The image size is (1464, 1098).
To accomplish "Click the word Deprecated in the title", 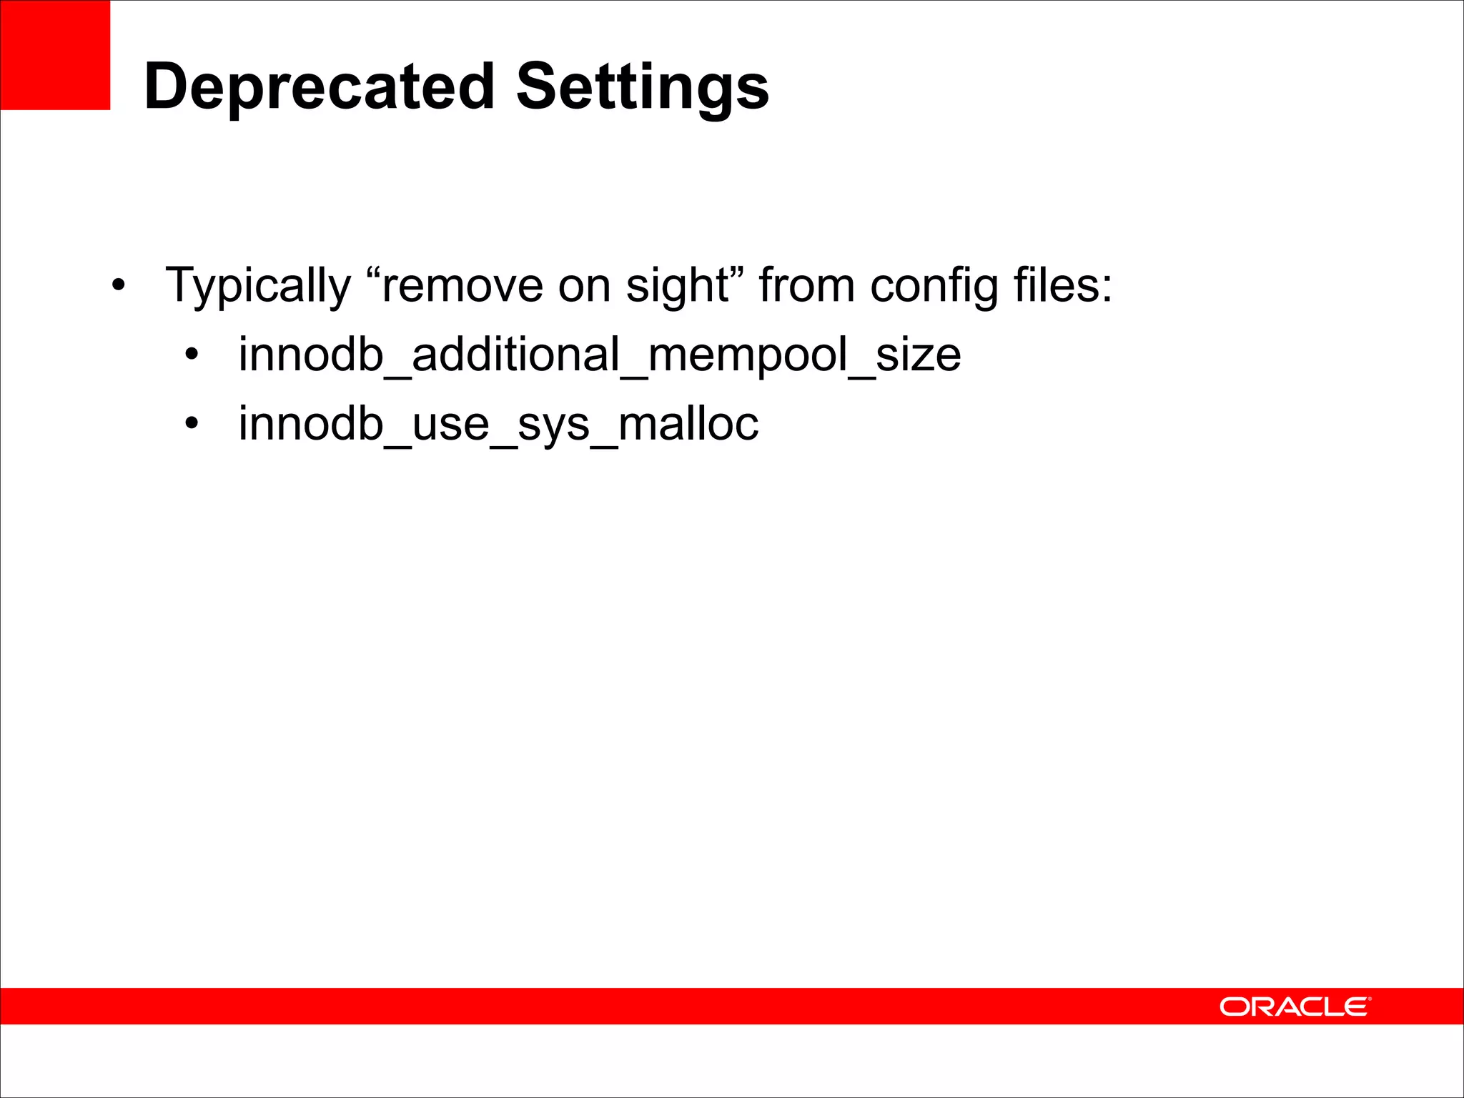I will tap(319, 86).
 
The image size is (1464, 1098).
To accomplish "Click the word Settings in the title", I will tap(642, 86).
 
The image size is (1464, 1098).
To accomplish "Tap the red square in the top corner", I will tap(55, 55).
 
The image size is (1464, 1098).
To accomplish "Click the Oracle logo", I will tap(1295, 1006).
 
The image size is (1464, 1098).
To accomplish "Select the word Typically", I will tap(258, 286).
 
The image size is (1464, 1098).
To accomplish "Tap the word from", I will tap(806, 286).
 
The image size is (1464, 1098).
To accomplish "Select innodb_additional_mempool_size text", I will tap(600, 355).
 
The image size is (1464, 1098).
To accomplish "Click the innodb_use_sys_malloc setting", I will tap(498, 424).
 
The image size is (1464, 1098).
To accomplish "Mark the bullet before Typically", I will tap(118, 286).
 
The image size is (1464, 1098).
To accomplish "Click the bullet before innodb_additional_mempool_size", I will tap(191, 355).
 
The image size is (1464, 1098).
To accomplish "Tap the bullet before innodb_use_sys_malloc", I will tap(191, 424).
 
